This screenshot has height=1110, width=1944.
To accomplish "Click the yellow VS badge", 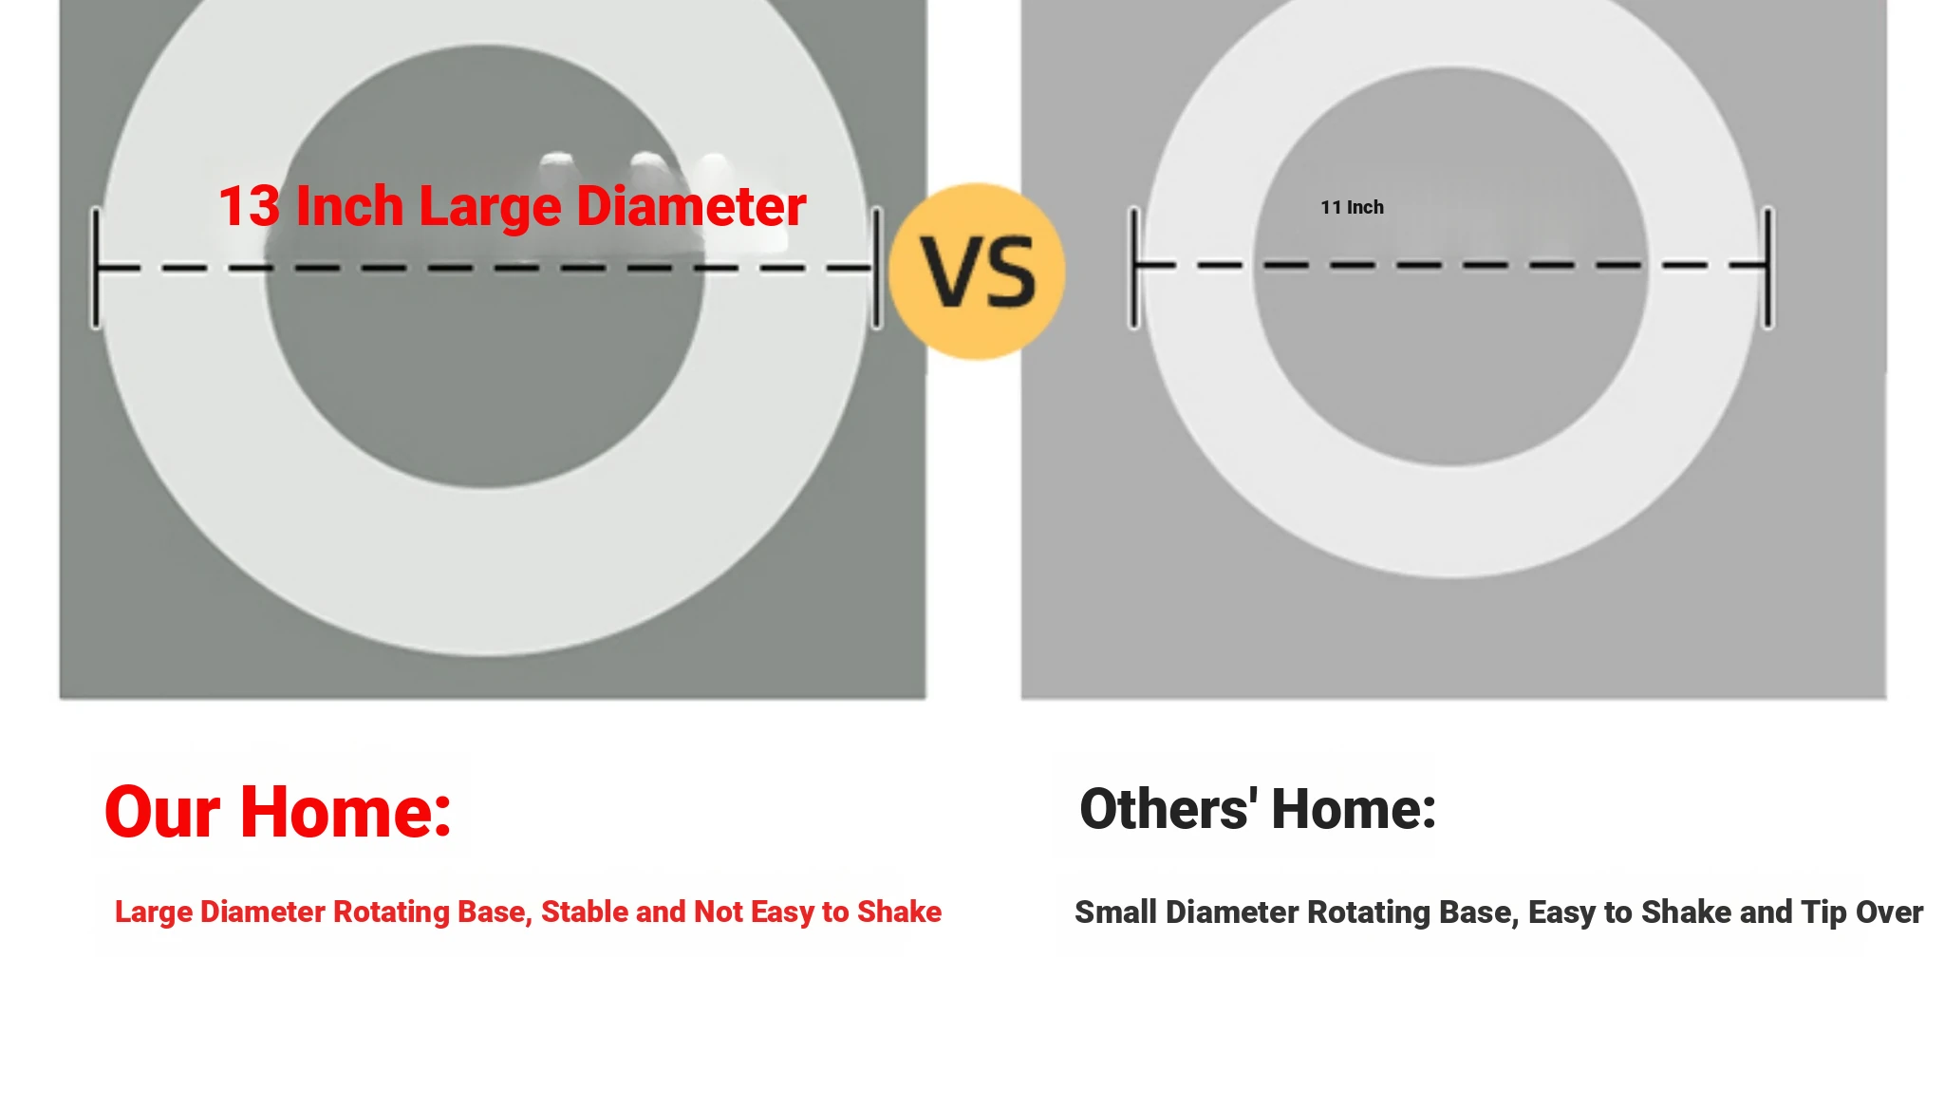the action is pyautogui.click(x=977, y=272).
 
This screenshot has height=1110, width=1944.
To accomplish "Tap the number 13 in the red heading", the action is pyautogui.click(x=250, y=206).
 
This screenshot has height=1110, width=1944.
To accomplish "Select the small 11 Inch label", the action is pyautogui.click(x=1352, y=207).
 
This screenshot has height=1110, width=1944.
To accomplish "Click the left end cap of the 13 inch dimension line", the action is pyautogui.click(x=96, y=268).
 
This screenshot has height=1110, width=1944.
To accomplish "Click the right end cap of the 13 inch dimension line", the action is pyautogui.click(x=877, y=268).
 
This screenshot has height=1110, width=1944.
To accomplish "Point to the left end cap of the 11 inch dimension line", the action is pyautogui.click(x=1134, y=268).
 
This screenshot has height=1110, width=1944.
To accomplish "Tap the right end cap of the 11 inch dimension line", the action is pyautogui.click(x=1768, y=268).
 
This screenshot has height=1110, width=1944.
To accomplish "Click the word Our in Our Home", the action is pyautogui.click(x=162, y=812).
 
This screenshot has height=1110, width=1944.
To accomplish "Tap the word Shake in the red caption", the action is pyautogui.click(x=899, y=912).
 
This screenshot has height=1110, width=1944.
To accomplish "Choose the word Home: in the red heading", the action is pyautogui.click(x=346, y=812).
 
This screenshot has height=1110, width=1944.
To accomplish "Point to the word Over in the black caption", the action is pyautogui.click(x=1889, y=912).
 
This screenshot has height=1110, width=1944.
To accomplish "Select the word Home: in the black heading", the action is pyautogui.click(x=1354, y=809).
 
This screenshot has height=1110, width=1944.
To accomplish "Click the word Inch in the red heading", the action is pyautogui.click(x=349, y=206).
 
